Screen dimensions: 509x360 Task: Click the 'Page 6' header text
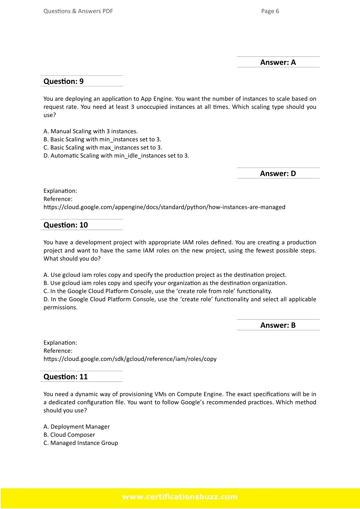tap(270, 11)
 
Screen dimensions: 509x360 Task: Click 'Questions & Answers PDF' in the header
tap(78, 11)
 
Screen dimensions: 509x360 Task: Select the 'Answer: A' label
tap(278, 62)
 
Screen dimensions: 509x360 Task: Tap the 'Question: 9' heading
tap(64, 81)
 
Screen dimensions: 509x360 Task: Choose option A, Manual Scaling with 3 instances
tap(90, 131)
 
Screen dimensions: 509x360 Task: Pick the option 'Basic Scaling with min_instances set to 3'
tap(102, 139)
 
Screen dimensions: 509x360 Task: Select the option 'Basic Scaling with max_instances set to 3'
tap(103, 147)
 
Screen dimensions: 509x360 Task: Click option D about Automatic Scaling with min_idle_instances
tap(116, 155)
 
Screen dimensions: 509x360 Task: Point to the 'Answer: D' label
tap(278, 173)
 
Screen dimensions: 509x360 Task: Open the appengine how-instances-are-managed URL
tap(164, 207)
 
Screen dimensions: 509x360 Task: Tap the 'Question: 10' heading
tap(66, 225)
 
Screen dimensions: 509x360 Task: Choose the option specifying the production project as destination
tap(165, 275)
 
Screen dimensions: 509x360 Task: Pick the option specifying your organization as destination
tap(165, 283)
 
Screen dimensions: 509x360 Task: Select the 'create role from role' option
tap(158, 291)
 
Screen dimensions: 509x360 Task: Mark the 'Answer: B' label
tap(278, 325)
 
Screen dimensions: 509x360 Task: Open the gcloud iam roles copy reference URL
tap(130, 359)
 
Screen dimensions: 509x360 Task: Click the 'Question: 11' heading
tap(66, 377)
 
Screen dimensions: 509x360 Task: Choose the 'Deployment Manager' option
tap(77, 427)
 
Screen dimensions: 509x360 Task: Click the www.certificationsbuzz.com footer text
tap(180, 497)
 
